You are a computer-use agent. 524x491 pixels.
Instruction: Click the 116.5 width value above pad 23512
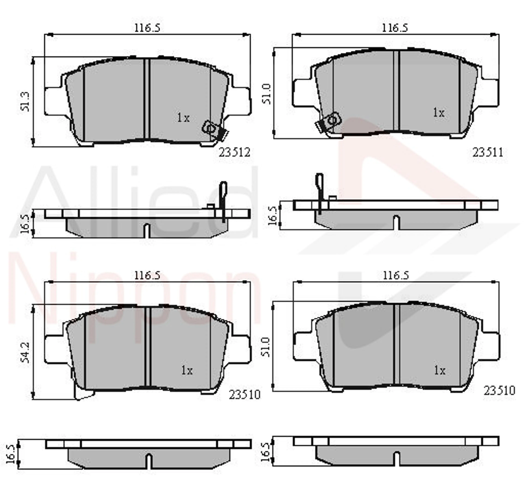click(x=147, y=28)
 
